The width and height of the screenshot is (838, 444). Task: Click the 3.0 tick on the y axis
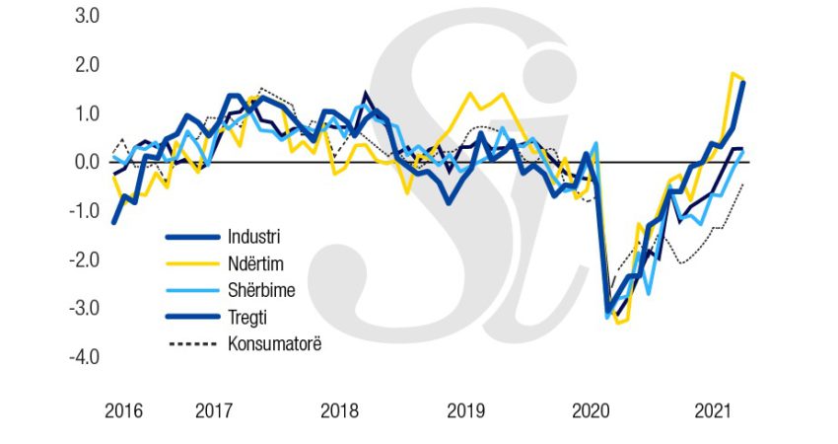(82, 17)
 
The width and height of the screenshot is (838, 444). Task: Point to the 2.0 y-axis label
(82, 65)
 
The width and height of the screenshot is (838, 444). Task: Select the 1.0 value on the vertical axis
(82, 113)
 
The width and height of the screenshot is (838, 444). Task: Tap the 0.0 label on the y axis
(82, 162)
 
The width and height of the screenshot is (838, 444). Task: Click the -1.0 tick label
(80, 211)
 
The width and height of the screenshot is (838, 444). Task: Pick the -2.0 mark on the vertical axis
(80, 259)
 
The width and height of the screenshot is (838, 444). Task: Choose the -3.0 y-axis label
(80, 308)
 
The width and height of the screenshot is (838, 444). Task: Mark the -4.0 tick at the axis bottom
(80, 356)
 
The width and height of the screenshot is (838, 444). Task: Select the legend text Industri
(253, 237)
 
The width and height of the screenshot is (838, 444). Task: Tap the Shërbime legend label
(261, 290)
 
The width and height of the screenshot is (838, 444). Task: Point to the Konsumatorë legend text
(274, 343)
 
